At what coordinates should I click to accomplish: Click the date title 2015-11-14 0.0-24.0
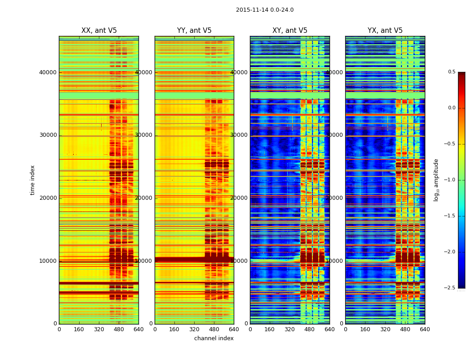(264, 10)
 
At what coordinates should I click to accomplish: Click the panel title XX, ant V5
(99, 31)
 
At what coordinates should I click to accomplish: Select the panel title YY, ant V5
(194, 31)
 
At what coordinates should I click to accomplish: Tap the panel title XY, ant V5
(290, 31)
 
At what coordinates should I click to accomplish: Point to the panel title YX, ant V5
(385, 31)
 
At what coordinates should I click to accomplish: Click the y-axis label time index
(32, 180)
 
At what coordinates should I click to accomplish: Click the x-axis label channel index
(214, 338)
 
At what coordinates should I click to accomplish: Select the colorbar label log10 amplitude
(436, 180)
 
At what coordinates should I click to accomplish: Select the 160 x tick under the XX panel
(79, 329)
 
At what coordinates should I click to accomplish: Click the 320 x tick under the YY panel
(194, 329)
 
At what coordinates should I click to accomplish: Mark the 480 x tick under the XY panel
(310, 329)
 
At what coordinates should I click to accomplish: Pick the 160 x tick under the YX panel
(365, 329)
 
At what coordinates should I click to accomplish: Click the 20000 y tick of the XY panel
(240, 198)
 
